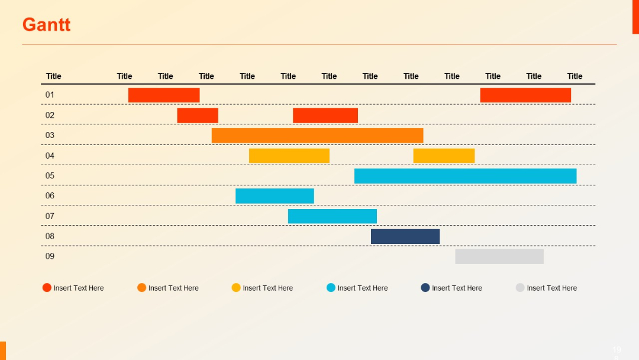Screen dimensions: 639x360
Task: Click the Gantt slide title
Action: click(46, 25)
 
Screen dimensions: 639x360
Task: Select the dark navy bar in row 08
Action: click(405, 236)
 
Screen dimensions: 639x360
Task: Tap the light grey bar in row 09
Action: click(499, 256)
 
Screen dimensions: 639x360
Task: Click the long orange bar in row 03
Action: click(317, 135)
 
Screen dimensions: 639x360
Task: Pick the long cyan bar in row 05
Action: click(465, 176)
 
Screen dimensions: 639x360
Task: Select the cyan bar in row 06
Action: click(275, 196)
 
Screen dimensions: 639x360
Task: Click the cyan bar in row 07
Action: click(332, 216)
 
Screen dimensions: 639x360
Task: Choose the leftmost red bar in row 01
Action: click(164, 95)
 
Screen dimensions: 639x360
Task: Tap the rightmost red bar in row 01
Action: click(525, 95)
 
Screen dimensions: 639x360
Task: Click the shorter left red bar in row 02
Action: click(198, 115)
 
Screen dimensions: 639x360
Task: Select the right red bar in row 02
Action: click(325, 115)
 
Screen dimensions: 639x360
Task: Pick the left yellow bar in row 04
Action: click(289, 156)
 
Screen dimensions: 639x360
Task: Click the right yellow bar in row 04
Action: click(444, 156)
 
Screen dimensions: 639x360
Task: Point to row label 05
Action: click(50, 176)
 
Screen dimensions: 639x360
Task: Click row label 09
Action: click(50, 256)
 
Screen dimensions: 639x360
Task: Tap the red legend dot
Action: click(47, 288)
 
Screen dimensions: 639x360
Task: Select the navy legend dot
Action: click(425, 288)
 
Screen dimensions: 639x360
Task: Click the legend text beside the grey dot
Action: click(551, 288)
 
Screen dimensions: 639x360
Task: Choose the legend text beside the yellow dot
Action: click(267, 288)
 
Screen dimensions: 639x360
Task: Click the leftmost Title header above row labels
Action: click(53, 76)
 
